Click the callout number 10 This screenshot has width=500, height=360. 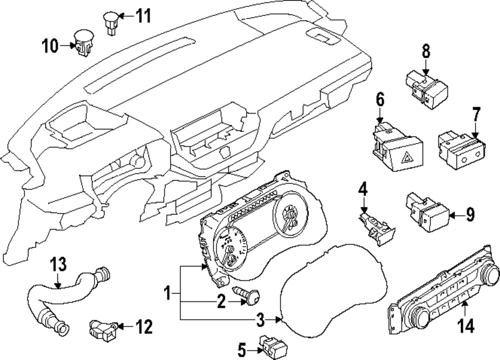pos(50,47)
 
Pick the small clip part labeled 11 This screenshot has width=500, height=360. pos(111,23)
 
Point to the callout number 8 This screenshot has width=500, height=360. pos(425,51)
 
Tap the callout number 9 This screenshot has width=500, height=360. pos(469,215)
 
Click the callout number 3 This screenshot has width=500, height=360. pos(260,319)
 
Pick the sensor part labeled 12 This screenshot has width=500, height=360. pos(102,328)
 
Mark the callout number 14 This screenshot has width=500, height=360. pos(465,325)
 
